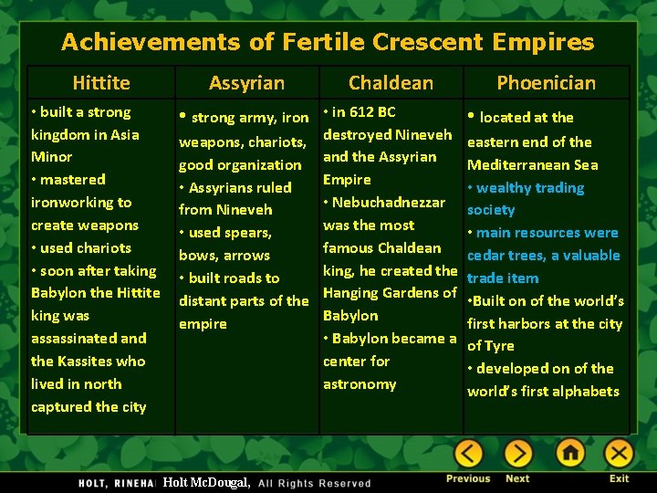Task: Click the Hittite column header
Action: [x=101, y=83]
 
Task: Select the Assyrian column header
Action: [x=246, y=83]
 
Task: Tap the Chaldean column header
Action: [x=391, y=83]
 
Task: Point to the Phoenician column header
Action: [x=546, y=83]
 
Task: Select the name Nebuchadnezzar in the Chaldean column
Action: [x=389, y=203]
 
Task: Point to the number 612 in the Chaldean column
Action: [x=361, y=112]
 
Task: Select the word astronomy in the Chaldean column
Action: [x=360, y=384]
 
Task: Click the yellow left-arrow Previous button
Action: [x=469, y=453]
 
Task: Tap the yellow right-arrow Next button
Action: [x=518, y=453]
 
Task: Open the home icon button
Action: [x=570, y=453]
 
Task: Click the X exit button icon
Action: [x=619, y=453]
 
